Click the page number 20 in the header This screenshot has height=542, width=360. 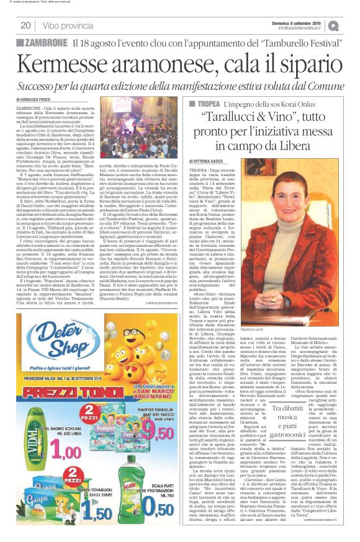25,25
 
